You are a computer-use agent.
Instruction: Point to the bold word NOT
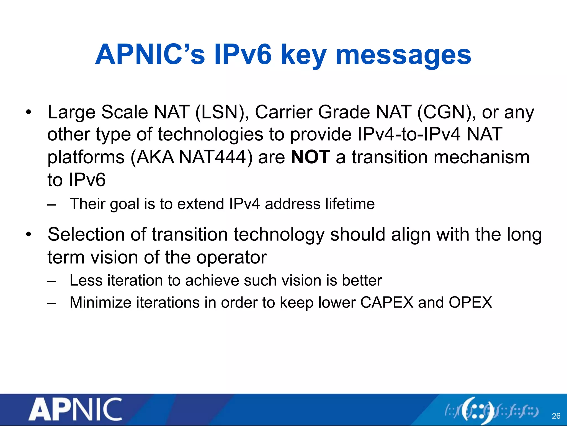coord(311,157)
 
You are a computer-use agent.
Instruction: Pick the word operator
coord(231,258)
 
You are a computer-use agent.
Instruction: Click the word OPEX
coord(470,302)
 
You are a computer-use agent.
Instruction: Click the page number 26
coord(556,416)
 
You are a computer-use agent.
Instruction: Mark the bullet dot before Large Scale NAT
coord(28,112)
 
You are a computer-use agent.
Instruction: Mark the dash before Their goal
coord(51,205)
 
